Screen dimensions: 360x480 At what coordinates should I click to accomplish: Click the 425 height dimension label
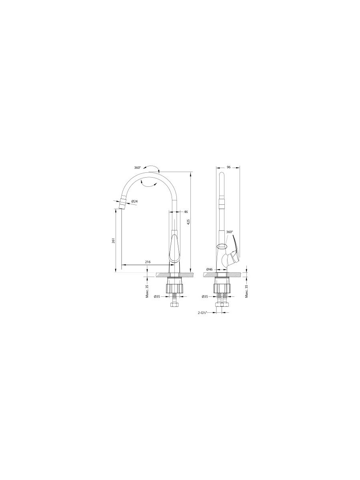pyautogui.click(x=189, y=222)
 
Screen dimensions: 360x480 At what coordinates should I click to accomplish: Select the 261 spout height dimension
pyautogui.click(x=114, y=240)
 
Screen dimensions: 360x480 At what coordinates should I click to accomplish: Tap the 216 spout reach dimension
pyautogui.click(x=148, y=262)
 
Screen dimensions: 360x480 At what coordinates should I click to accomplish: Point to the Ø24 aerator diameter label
pyautogui.click(x=134, y=201)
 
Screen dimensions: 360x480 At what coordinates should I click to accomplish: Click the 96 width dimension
pyautogui.click(x=229, y=167)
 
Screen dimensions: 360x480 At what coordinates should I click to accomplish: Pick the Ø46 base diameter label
pyautogui.click(x=210, y=270)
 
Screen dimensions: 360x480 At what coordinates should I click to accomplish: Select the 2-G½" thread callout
pyautogui.click(x=202, y=313)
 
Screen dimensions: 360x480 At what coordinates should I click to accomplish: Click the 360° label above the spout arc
pyautogui.click(x=138, y=168)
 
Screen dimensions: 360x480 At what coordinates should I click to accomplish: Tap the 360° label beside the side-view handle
pyautogui.click(x=230, y=232)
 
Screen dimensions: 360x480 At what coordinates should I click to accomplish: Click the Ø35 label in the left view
pyautogui.click(x=157, y=296)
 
